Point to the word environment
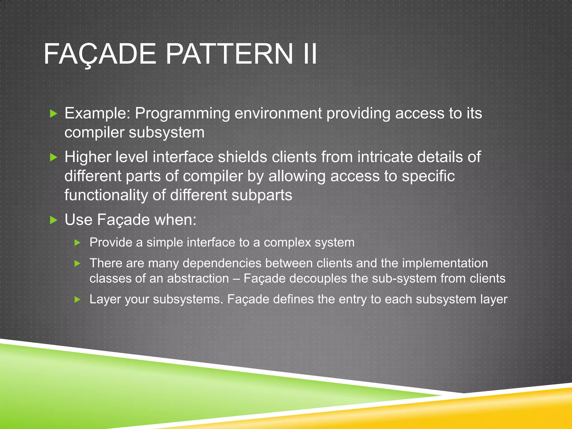click(x=278, y=113)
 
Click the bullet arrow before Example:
click(x=53, y=114)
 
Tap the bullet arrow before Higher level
click(x=53, y=158)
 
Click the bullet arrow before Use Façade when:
click(x=53, y=220)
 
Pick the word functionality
click(x=106, y=195)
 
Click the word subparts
click(x=262, y=195)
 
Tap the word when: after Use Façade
click(x=175, y=220)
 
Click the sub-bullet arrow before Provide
click(x=77, y=243)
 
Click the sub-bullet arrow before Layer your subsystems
click(x=77, y=300)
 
